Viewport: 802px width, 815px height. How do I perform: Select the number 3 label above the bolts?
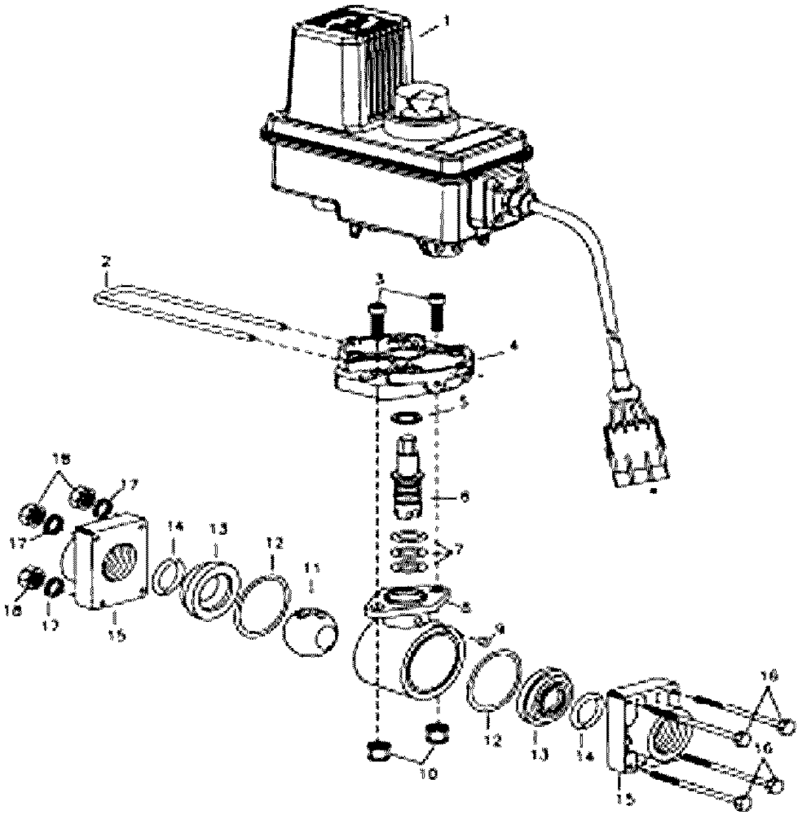pyautogui.click(x=379, y=280)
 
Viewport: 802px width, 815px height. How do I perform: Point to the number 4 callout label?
pyautogui.click(x=511, y=346)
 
